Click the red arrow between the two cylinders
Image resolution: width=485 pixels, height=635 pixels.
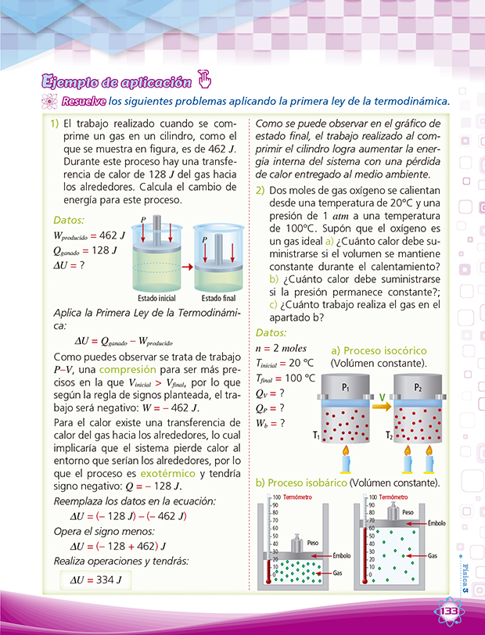pyautogui.click(x=186, y=266)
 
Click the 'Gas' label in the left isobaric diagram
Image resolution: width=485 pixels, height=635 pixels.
pyautogui.click(x=337, y=573)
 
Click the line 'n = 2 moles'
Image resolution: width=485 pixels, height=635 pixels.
pyautogui.click(x=282, y=347)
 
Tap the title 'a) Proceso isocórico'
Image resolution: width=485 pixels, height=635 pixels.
pyautogui.click(x=379, y=350)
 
